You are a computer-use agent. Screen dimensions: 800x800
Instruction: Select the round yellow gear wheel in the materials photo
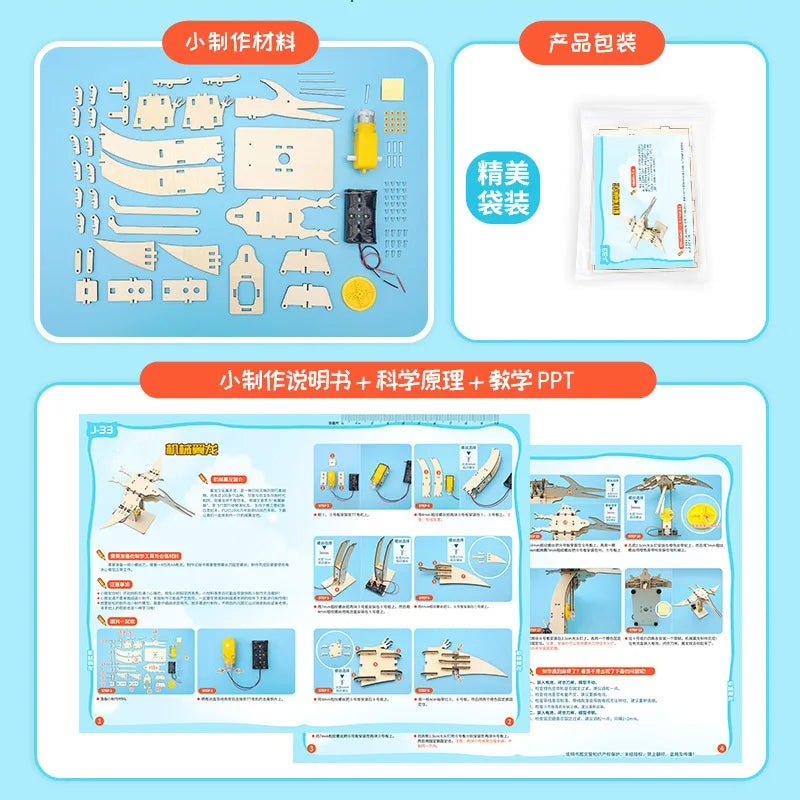pyautogui.click(x=357, y=294)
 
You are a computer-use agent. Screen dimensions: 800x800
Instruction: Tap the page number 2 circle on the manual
pyautogui.click(x=509, y=721)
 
